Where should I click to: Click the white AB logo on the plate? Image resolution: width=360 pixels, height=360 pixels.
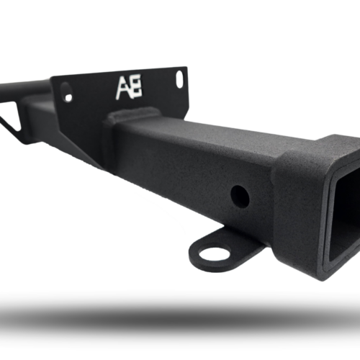[x=129, y=88]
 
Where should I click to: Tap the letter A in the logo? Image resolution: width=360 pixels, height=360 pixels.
[x=123, y=89]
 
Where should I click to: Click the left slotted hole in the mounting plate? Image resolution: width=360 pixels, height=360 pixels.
[x=66, y=91]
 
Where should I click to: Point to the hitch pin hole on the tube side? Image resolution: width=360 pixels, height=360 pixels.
[x=240, y=196]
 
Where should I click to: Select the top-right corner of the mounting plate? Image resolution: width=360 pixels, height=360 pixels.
[x=185, y=69]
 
